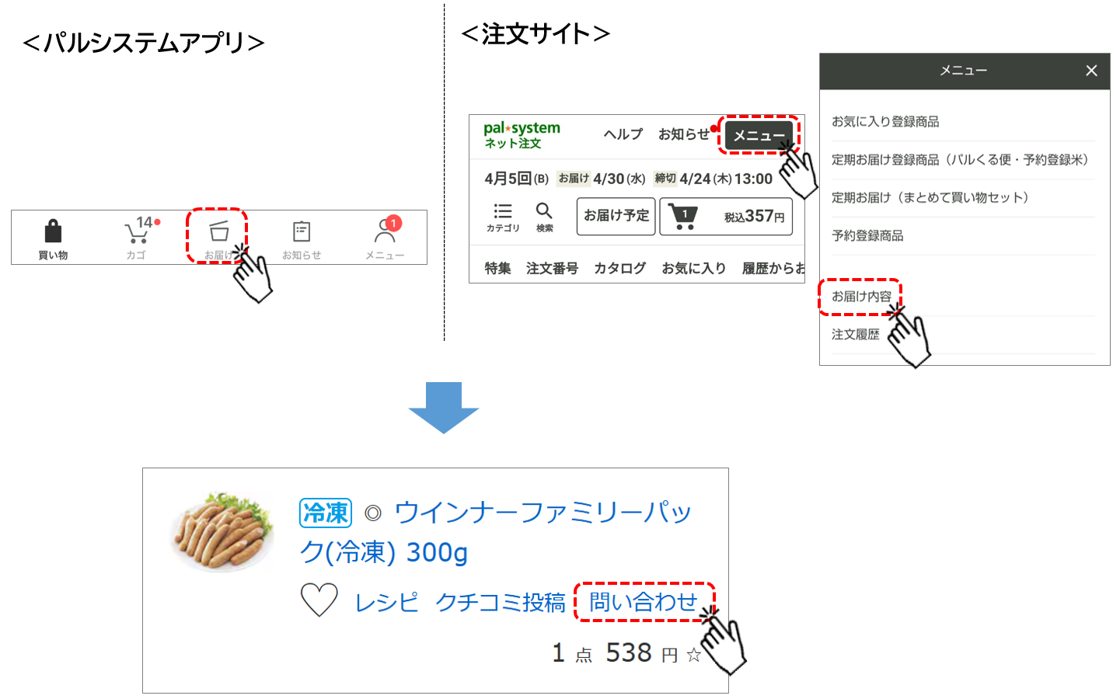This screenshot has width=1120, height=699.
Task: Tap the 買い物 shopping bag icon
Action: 53,231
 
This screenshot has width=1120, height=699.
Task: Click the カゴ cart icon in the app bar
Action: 136,233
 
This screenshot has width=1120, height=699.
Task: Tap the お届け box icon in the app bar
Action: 219,231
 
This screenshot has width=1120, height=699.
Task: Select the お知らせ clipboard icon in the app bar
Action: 302,231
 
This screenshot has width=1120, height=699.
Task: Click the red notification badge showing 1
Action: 394,223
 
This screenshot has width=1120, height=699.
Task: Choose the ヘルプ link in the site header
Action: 623,134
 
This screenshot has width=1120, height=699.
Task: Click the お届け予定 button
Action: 616,215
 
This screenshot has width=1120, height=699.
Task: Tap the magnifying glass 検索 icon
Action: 544,211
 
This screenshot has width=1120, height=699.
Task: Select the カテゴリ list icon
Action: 503,211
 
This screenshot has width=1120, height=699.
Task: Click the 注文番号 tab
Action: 552,268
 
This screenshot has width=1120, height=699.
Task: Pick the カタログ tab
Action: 619,268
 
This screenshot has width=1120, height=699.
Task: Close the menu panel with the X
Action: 1091,71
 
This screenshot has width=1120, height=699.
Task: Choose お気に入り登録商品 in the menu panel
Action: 885,122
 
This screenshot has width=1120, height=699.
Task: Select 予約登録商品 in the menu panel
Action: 867,236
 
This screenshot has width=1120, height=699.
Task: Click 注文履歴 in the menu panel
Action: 856,335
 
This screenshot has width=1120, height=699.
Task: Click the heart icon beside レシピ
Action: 319,600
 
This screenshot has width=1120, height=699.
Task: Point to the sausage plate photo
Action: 223,531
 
